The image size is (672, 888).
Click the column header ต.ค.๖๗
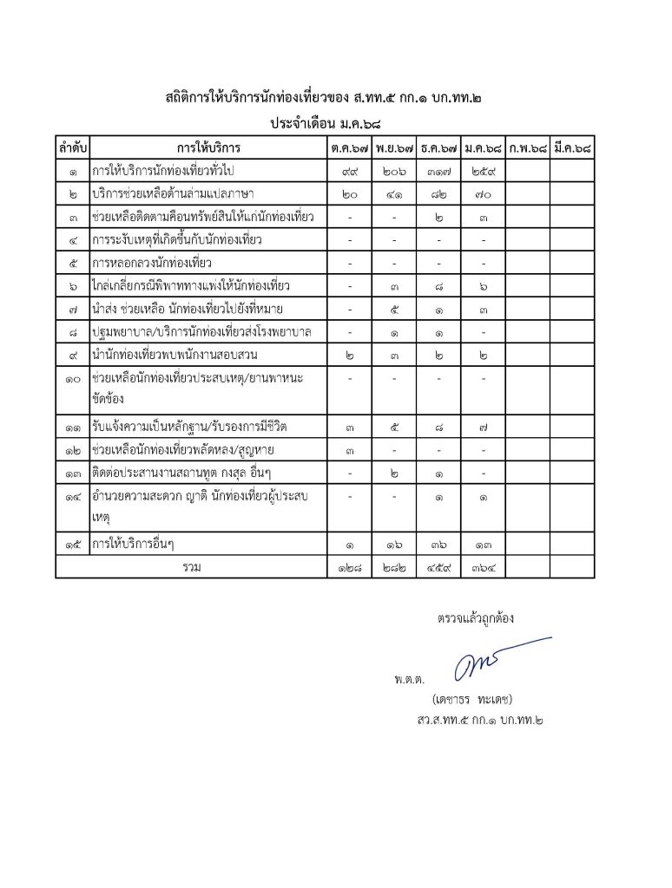(348, 148)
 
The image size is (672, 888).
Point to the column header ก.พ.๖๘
(528, 148)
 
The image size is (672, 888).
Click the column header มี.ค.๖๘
(572, 148)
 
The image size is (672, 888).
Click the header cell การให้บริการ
(208, 148)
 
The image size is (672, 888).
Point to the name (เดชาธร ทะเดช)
(474, 698)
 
